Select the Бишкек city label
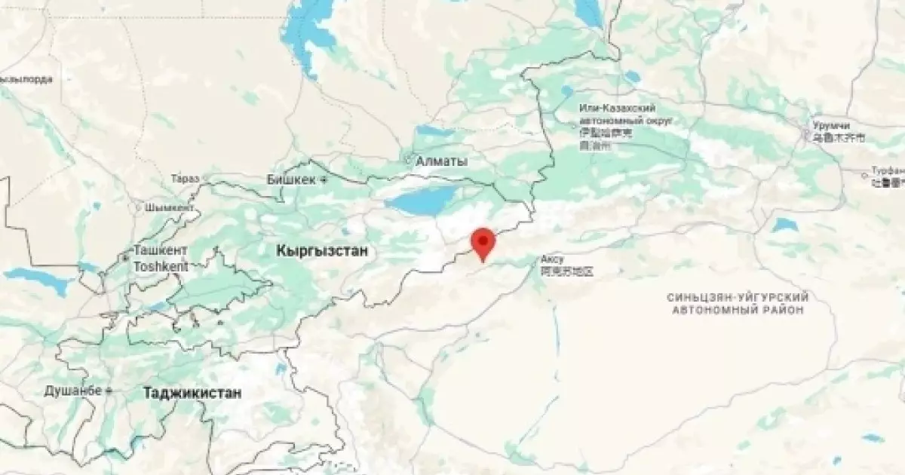pyautogui.click(x=292, y=179)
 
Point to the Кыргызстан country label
pyautogui.click(x=322, y=251)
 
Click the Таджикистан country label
pyautogui.click(x=192, y=393)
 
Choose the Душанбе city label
pyautogui.click(x=72, y=391)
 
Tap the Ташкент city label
pyautogui.click(x=160, y=250)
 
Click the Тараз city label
pyautogui.click(x=185, y=179)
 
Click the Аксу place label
pyautogui.click(x=552, y=259)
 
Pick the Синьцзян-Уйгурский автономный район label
pyautogui.click(x=738, y=304)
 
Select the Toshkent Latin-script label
pyautogui.click(x=160, y=266)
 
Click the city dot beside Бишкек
pyautogui.click(x=324, y=180)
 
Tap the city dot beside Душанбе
pyautogui.click(x=109, y=391)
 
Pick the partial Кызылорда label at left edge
pyautogui.click(x=26, y=78)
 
